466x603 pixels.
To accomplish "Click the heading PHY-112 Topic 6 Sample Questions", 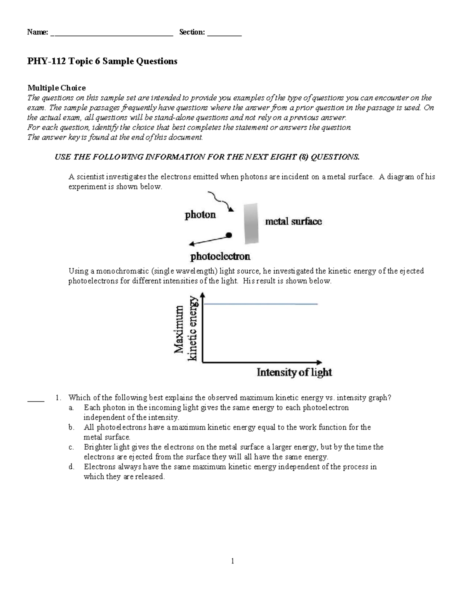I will click(x=102, y=61).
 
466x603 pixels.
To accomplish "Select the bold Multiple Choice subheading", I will click(x=56, y=88).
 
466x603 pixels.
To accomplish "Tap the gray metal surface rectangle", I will click(x=251, y=224).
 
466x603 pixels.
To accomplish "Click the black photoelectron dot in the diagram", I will click(x=229, y=235).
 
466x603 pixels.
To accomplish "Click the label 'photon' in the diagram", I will click(x=200, y=215).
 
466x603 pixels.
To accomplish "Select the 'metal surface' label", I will click(x=293, y=222).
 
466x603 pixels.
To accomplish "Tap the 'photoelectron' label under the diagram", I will click(x=220, y=256).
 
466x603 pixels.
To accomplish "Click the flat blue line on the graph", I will click(x=260, y=304).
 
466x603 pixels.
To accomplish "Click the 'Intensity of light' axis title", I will click(x=294, y=372).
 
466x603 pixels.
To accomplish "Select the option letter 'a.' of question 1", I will click(x=71, y=408).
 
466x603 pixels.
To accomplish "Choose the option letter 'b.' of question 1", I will click(x=71, y=427).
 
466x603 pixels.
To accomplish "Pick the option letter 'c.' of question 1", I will click(x=71, y=447).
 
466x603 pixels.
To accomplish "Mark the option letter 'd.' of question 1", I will click(x=71, y=467).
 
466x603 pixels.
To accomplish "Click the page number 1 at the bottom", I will click(x=233, y=561).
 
